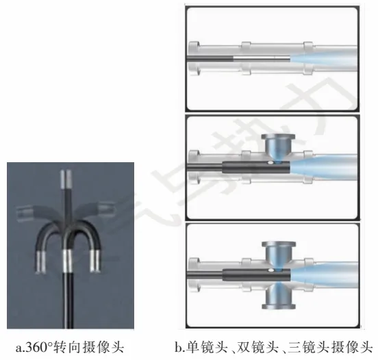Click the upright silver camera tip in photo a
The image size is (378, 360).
65,179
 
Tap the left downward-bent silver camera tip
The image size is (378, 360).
40,262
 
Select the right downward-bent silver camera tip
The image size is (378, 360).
95,261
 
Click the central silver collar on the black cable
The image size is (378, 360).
67,261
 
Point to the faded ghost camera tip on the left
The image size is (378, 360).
25,212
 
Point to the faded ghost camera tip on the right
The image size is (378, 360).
106,209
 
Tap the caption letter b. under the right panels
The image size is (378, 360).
180,348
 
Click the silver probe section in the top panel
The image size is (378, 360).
262,59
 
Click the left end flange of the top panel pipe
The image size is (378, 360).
194,59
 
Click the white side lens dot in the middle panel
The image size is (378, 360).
270,163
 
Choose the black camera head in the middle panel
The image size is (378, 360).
256,167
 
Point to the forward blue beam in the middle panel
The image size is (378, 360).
323,167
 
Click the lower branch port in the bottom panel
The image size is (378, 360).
279,296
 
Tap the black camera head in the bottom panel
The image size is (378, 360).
256,274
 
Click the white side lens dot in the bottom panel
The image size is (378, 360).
270,270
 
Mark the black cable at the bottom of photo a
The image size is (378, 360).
68,300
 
